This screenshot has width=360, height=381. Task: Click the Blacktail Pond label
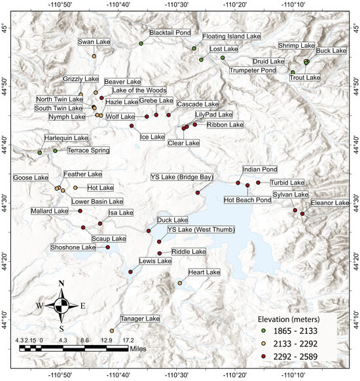(170, 32)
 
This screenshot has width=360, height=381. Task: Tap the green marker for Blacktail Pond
(141, 43)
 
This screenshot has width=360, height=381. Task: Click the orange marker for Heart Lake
(179, 283)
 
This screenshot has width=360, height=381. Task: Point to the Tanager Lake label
(139, 318)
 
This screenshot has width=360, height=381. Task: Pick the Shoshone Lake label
(73, 247)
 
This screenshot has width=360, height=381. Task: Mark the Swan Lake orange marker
(94, 56)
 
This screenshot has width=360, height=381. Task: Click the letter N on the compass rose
(61, 283)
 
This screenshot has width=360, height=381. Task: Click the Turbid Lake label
(287, 182)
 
